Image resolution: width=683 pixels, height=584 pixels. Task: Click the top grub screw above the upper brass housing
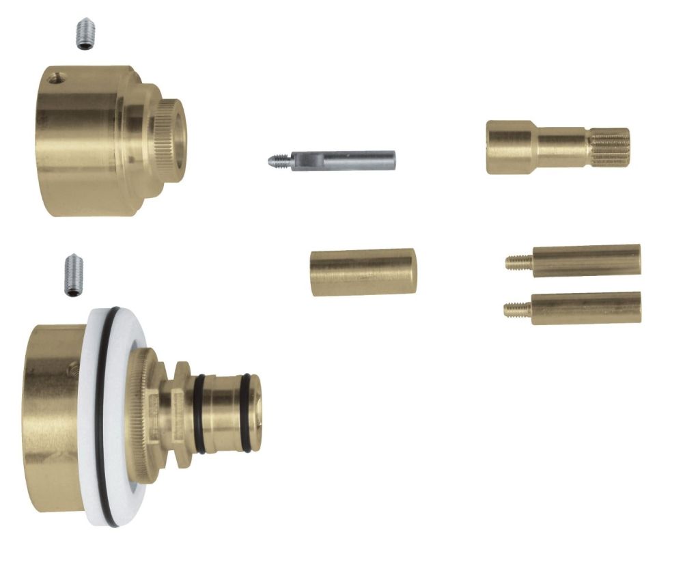[x=84, y=34]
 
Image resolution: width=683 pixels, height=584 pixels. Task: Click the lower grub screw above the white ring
[x=73, y=275]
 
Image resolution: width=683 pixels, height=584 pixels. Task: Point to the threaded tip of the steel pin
[x=277, y=162]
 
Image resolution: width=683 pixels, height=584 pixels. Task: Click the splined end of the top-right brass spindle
[x=610, y=148]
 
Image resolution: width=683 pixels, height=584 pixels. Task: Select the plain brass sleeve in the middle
[x=363, y=272]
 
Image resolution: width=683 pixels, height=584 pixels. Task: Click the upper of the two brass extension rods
[x=586, y=261]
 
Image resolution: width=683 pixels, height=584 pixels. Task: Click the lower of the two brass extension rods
[x=586, y=308]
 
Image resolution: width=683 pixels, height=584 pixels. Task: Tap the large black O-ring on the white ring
[x=100, y=410]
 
